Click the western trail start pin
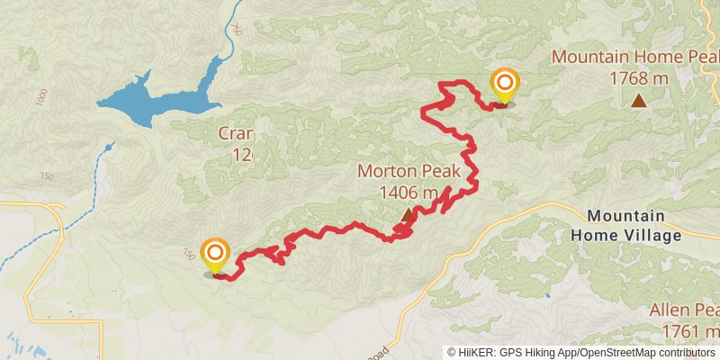click(215, 255)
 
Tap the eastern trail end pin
click(504, 85)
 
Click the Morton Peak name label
click(409, 171)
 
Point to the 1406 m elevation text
click(409, 192)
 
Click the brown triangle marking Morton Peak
click(408, 214)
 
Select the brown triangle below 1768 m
click(638, 101)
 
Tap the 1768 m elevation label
click(638, 78)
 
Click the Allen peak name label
click(684, 311)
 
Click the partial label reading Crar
click(236, 135)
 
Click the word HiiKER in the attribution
click(474, 353)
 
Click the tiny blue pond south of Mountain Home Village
click(546, 295)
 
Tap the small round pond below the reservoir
click(109, 146)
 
